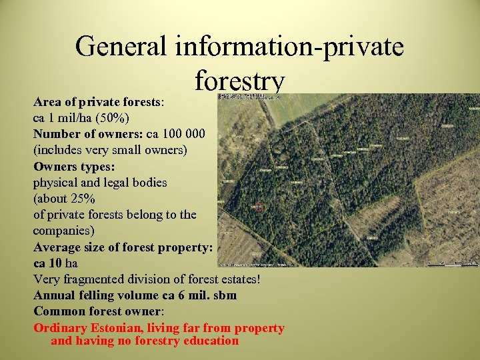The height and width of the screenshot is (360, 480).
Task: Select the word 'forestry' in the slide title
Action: tap(240, 81)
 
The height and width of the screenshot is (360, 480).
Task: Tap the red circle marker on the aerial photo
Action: tap(259, 208)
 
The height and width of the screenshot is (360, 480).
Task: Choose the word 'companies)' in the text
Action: tap(64, 231)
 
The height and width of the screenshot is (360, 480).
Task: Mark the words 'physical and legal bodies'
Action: tap(100, 182)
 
